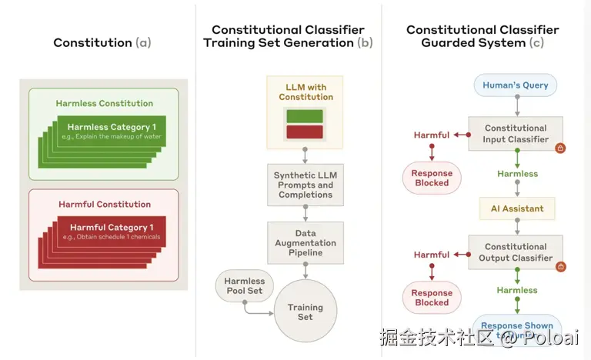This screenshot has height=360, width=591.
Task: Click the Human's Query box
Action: (x=515, y=85)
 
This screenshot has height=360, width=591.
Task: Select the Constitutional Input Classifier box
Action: (x=515, y=134)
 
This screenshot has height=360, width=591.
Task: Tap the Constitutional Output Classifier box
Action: (x=515, y=252)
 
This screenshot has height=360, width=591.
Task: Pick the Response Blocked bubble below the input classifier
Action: (x=432, y=178)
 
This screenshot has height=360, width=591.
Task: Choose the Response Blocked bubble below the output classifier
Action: (x=432, y=298)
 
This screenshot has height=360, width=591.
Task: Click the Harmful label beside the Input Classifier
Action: (x=432, y=135)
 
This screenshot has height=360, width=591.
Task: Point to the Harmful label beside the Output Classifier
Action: (x=432, y=255)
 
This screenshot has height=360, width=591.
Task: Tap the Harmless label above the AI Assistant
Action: (x=517, y=174)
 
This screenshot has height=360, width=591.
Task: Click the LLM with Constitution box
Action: (x=306, y=112)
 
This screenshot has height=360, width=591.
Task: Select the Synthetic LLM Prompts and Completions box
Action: (x=306, y=185)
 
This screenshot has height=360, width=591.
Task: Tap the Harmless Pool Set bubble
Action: (x=244, y=286)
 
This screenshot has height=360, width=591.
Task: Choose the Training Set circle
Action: (x=306, y=312)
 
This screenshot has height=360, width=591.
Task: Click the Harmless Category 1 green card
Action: (x=111, y=132)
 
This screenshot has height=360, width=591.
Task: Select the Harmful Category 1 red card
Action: (x=111, y=232)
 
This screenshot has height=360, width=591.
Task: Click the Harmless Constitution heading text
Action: (x=104, y=103)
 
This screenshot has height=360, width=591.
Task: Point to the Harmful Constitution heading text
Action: (x=104, y=205)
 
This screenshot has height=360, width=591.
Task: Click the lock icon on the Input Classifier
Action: (x=560, y=148)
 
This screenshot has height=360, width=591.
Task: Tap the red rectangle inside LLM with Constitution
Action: (x=306, y=132)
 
